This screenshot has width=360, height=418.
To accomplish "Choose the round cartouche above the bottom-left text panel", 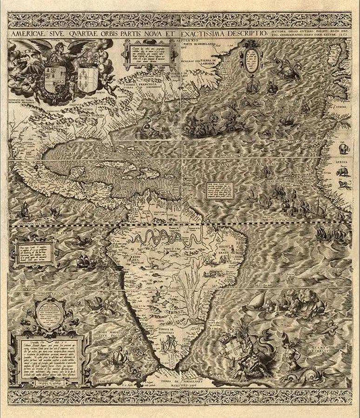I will point(49,310).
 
